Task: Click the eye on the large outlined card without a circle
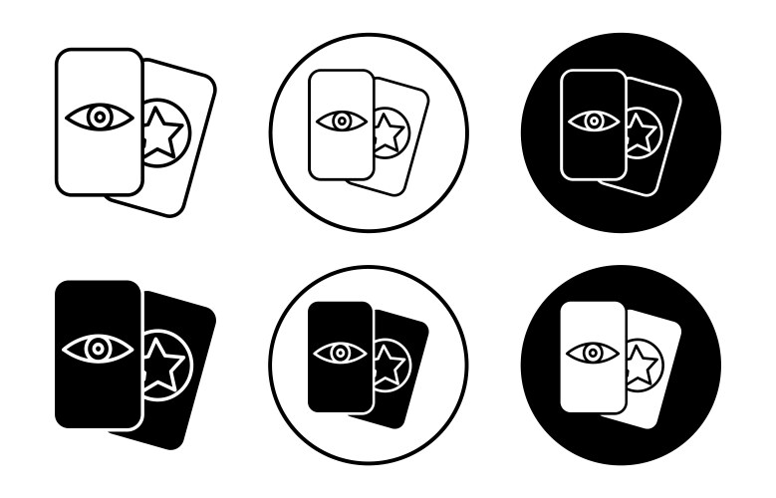click(x=99, y=118)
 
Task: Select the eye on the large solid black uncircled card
click(x=99, y=349)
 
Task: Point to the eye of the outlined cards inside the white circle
click(x=342, y=122)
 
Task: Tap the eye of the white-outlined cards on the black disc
click(x=594, y=122)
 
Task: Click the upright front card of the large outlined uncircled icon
click(x=99, y=164)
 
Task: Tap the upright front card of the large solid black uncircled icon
click(x=99, y=398)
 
